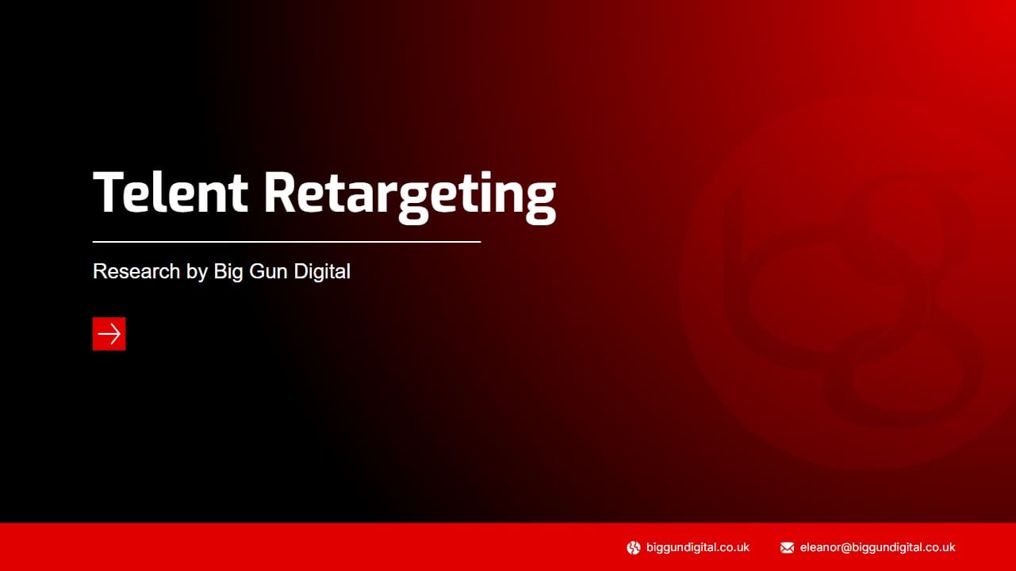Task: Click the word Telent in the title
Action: pyautogui.click(x=171, y=192)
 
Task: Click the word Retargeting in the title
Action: pyautogui.click(x=410, y=197)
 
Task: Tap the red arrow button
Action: pyautogui.click(x=109, y=334)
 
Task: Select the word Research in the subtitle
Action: pyautogui.click(x=136, y=271)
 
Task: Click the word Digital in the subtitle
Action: pyautogui.click(x=322, y=271)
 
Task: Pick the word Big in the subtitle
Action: pyautogui.click(x=228, y=271)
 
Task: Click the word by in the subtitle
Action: pyautogui.click(x=197, y=271)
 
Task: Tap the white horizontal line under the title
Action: pyautogui.click(x=286, y=242)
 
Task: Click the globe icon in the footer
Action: pyautogui.click(x=634, y=548)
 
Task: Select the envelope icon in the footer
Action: pyautogui.click(x=787, y=548)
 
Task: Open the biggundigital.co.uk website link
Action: pyautogui.click(x=698, y=547)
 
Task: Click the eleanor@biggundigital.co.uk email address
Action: pyautogui.click(x=877, y=547)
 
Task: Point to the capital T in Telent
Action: pyautogui.click(x=109, y=192)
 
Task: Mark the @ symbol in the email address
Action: pyautogui.click(x=846, y=548)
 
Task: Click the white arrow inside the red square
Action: pyautogui.click(x=109, y=334)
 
